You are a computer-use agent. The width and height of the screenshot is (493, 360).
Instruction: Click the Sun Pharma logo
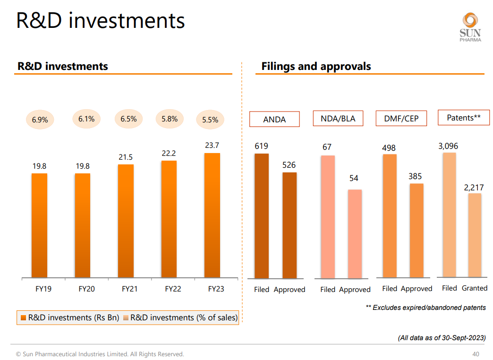coord(470,27)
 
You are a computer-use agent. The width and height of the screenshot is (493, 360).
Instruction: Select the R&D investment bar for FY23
coord(212,215)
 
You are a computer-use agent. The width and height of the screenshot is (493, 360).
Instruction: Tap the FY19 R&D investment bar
coord(39,225)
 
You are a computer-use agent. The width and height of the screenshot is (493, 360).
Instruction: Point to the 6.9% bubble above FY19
coord(40,120)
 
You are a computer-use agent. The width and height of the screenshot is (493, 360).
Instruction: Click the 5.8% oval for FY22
coord(170,119)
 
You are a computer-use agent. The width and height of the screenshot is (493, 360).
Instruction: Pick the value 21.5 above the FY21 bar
coord(126,157)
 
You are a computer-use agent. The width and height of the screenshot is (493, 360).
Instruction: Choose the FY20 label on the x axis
coord(86,289)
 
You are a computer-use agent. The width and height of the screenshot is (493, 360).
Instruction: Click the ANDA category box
coord(274,119)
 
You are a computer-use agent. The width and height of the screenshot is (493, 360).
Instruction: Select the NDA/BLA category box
coord(338,119)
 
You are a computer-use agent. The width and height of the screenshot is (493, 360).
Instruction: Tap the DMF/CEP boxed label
coord(401,119)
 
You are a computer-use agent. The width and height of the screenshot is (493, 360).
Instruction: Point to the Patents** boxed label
coord(464,118)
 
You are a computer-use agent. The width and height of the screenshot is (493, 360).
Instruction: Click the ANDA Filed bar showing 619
coord(262,216)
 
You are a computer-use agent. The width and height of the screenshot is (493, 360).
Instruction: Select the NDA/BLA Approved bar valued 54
coord(355,234)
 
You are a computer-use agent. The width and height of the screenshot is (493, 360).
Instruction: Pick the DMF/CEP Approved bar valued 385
coord(416,231)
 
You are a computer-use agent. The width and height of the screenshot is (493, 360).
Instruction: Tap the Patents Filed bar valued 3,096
coord(450,214)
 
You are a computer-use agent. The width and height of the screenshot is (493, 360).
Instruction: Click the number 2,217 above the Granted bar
coord(474,188)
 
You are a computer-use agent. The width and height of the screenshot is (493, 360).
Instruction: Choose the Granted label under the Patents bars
coord(475,288)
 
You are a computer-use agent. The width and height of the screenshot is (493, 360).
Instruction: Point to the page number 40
coord(476,354)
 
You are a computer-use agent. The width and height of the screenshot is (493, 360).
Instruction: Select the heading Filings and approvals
coord(316,67)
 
